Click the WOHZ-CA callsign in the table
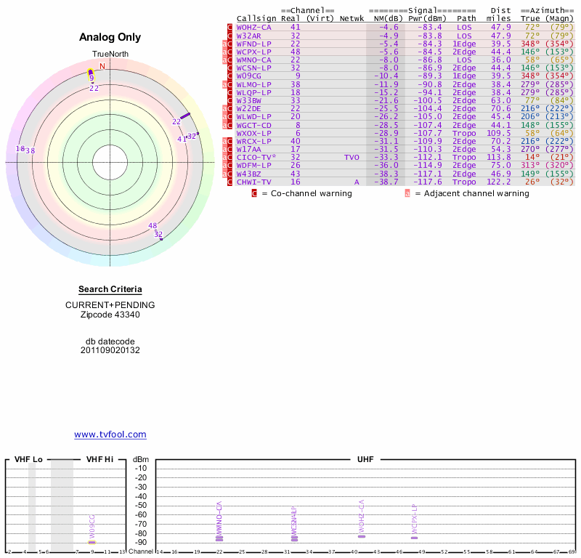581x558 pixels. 253,27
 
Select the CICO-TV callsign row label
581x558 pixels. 253,157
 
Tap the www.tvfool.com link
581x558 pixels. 110,434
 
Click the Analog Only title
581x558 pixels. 110,38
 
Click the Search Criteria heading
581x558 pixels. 110,289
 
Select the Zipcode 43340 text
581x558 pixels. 110,315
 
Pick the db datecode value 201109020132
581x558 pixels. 110,350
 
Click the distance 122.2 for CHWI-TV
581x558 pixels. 498,182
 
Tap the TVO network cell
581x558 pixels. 352,157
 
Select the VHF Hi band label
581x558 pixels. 100,459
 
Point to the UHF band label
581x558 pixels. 365,459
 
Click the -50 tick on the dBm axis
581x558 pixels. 141,505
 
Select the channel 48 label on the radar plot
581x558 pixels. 153,226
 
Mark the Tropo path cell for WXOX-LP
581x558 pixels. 464,133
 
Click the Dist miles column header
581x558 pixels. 500,15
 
